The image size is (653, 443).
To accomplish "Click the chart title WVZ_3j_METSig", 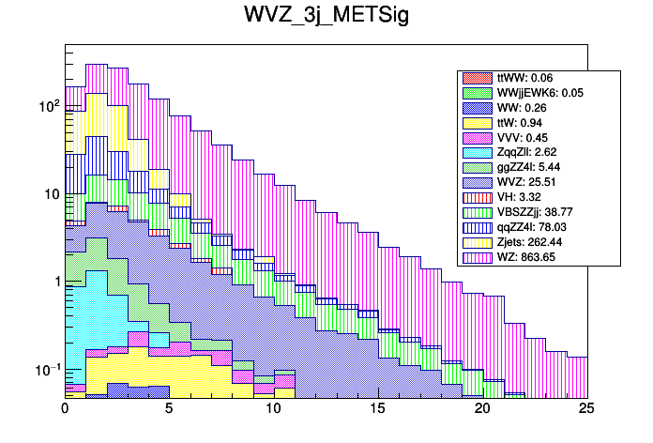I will click(x=326, y=19).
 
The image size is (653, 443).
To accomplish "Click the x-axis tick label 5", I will click(x=169, y=409).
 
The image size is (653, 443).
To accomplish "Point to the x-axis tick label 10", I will click(x=274, y=409).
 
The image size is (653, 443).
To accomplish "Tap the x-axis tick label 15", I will click(x=378, y=409).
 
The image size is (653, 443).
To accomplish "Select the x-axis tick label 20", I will click(x=482, y=409).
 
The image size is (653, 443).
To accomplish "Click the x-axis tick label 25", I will click(x=586, y=409).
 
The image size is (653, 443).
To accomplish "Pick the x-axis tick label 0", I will click(x=65, y=409).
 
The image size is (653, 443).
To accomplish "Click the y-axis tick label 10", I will click(x=47, y=194).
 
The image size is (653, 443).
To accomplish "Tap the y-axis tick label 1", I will click(x=52, y=283).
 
